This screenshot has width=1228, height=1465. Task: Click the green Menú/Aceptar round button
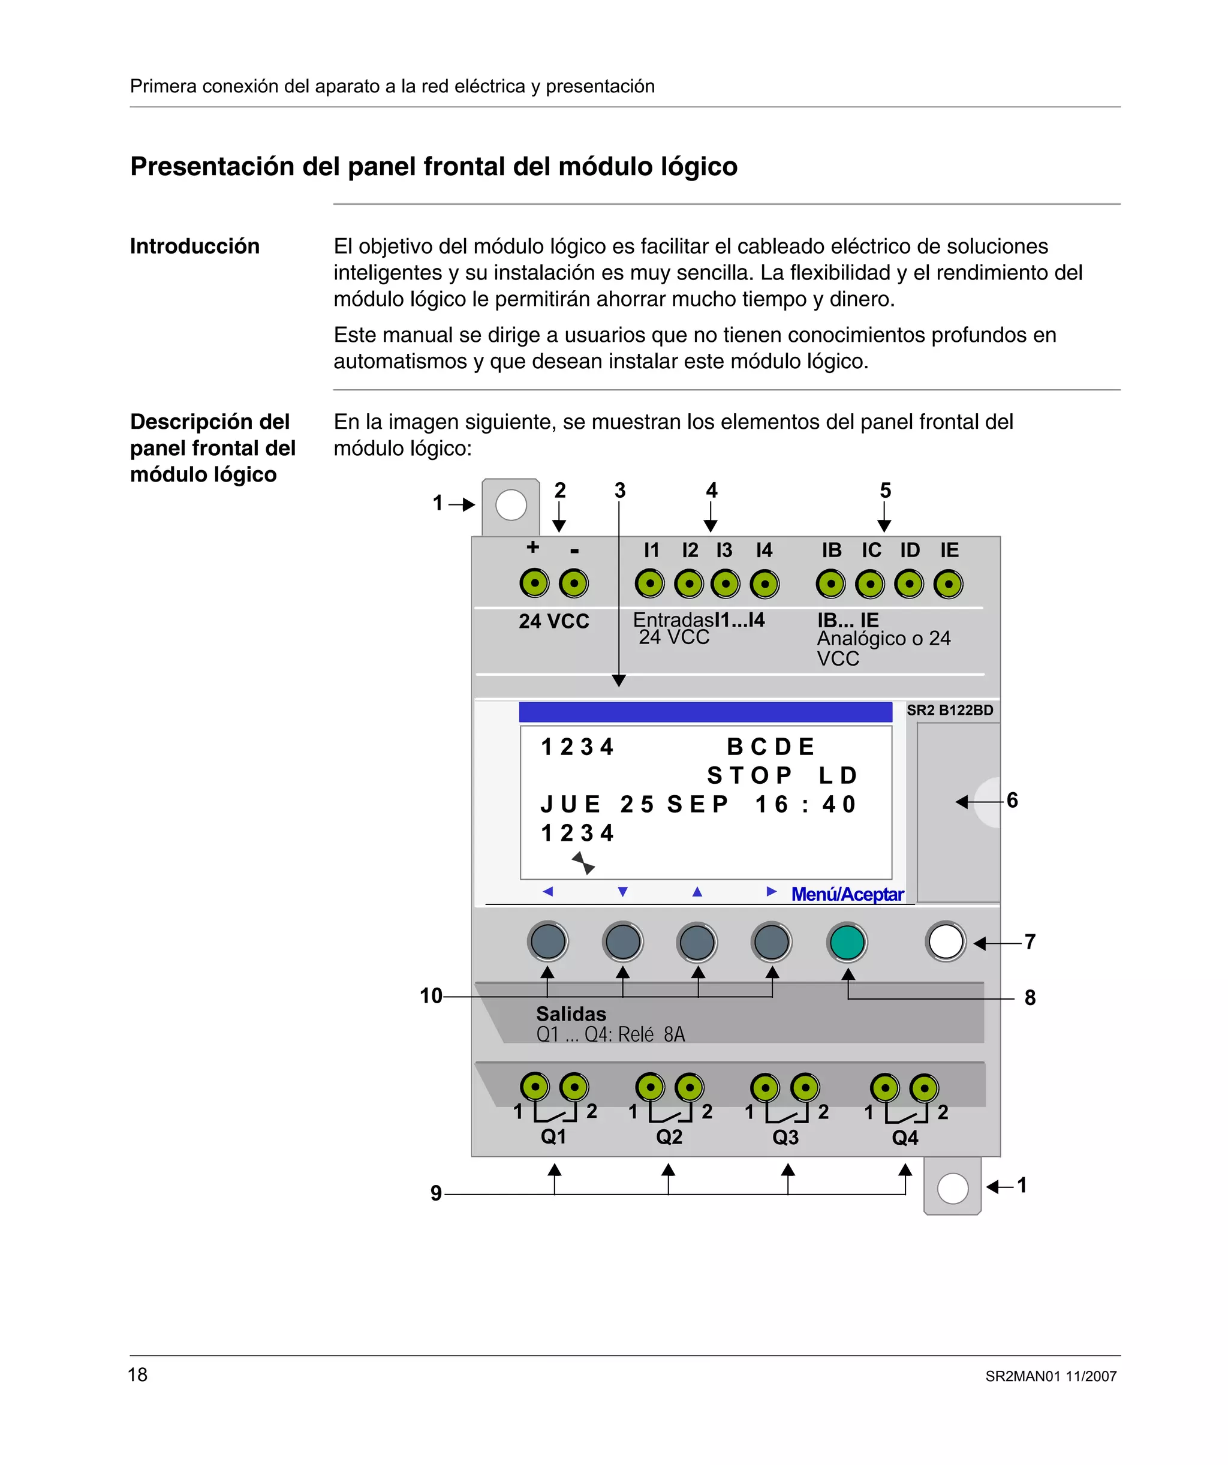(x=847, y=943)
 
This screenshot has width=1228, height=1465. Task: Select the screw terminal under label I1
(x=649, y=584)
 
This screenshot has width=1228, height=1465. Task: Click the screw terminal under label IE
(x=948, y=585)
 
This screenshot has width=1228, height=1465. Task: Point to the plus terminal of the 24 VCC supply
(x=534, y=583)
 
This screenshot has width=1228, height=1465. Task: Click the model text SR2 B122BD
(x=950, y=710)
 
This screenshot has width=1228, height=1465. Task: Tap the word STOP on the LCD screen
(x=750, y=775)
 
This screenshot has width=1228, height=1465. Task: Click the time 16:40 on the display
(x=805, y=804)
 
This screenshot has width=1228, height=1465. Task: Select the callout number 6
(x=1012, y=800)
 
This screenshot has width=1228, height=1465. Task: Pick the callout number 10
(x=431, y=995)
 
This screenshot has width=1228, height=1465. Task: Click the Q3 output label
(x=785, y=1137)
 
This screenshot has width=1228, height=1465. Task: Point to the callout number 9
(x=436, y=1193)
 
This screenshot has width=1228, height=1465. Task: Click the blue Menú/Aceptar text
(x=847, y=894)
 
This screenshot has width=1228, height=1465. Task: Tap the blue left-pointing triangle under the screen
(x=547, y=892)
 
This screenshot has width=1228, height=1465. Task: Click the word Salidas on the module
(x=571, y=1013)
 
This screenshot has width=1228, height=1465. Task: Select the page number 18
(x=137, y=1374)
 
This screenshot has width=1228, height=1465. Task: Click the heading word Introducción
(x=195, y=246)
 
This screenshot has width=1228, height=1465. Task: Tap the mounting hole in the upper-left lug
(x=511, y=505)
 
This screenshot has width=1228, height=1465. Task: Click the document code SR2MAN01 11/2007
(x=1051, y=1376)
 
